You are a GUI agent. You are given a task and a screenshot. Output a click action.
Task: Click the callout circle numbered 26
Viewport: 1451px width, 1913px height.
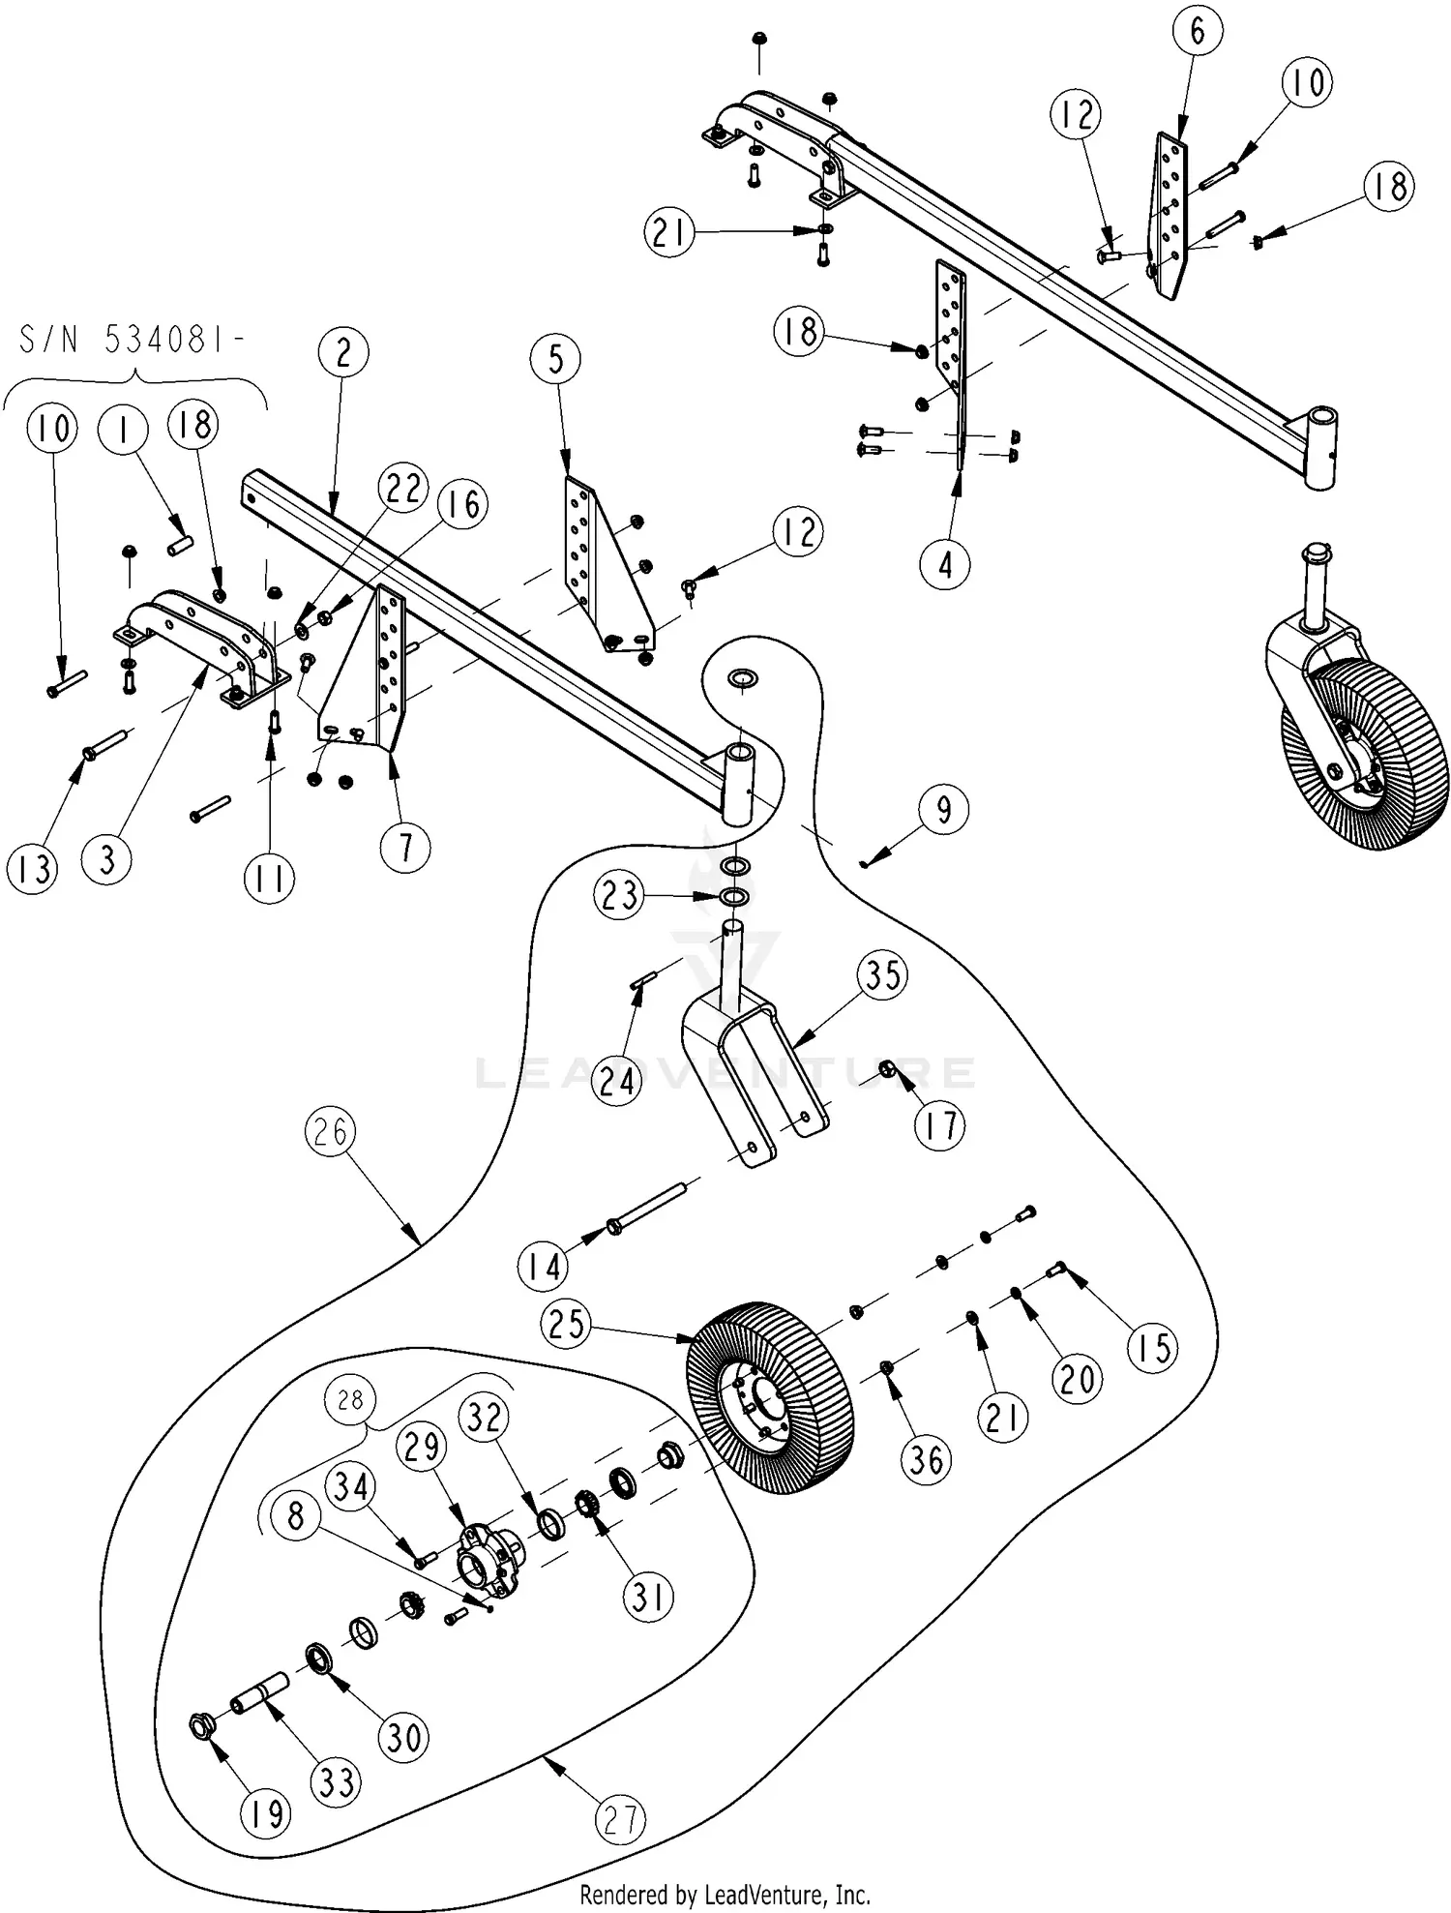[330, 1131]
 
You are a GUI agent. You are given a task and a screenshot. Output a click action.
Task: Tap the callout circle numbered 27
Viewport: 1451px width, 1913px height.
[620, 1820]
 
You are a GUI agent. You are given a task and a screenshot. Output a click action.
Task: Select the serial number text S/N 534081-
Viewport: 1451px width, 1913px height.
[133, 342]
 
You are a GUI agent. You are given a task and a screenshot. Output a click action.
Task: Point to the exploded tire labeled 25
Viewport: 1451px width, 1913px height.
[764, 1390]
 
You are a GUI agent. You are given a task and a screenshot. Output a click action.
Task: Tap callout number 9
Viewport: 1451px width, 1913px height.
[943, 809]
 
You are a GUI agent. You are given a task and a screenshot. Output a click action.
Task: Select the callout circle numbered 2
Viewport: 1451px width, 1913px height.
[344, 353]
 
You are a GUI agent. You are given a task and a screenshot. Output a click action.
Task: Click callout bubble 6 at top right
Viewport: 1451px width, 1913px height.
[1198, 31]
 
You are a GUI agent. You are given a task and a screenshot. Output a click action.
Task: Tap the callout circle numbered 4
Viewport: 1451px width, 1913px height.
[945, 563]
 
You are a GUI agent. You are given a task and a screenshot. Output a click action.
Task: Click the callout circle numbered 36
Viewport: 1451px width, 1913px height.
[926, 1458]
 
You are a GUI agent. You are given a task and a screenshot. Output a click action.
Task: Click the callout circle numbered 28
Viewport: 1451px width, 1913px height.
[351, 1400]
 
